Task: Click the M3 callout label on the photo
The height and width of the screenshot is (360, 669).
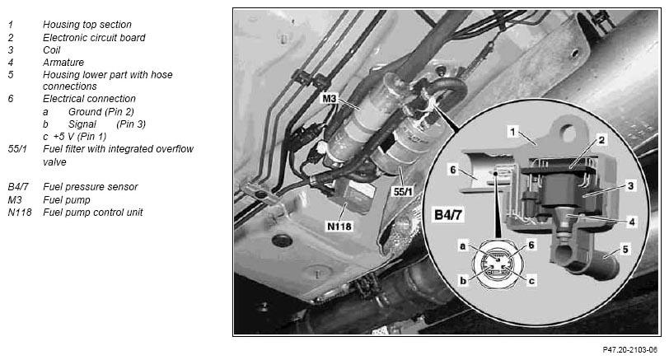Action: pyautogui.click(x=330, y=99)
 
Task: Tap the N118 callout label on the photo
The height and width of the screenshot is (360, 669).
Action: pyautogui.click(x=339, y=226)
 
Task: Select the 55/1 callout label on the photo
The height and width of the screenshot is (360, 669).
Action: pyautogui.click(x=403, y=191)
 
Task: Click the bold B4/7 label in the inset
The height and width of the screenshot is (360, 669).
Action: pyautogui.click(x=448, y=214)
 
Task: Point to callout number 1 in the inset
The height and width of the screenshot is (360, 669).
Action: pyautogui.click(x=512, y=131)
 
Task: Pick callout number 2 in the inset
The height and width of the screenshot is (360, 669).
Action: pyautogui.click(x=601, y=140)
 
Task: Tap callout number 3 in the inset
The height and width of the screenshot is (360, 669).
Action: pyautogui.click(x=630, y=185)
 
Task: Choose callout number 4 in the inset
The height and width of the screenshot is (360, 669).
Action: pyautogui.click(x=632, y=222)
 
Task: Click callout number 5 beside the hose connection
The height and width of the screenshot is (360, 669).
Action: pyautogui.click(x=625, y=249)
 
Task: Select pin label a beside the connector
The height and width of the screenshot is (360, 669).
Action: pyautogui.click(x=462, y=246)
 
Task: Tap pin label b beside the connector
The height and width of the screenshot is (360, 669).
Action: pyautogui.click(x=463, y=281)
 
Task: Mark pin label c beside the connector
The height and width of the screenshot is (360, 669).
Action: pyautogui.click(x=531, y=281)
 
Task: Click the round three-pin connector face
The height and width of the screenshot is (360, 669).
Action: pyautogui.click(x=497, y=264)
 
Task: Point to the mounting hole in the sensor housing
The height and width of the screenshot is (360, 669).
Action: pyautogui.click(x=568, y=133)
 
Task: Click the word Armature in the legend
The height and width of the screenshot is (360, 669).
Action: pyautogui.click(x=63, y=63)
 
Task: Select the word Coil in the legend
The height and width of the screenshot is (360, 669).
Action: pyautogui.click(x=52, y=50)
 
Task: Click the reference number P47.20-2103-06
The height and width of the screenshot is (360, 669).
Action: pyautogui.click(x=629, y=350)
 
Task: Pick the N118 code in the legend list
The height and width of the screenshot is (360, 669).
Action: pyautogui.click(x=20, y=212)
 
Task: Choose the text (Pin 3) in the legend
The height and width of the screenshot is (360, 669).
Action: pyautogui.click(x=131, y=124)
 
